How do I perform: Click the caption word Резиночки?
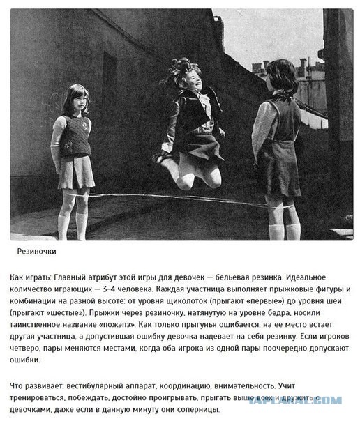(37, 251)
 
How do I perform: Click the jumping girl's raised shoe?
(161, 160)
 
